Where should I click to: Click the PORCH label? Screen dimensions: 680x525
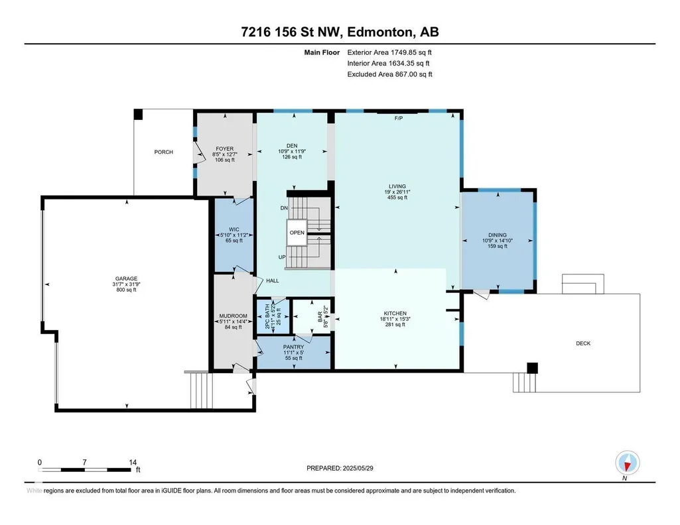coord(163,152)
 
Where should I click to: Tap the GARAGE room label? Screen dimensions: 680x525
coord(126,278)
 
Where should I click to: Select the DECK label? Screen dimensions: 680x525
coord(583,343)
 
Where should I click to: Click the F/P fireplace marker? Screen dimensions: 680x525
coord(399,118)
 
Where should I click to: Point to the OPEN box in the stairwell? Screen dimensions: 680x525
coord(297,233)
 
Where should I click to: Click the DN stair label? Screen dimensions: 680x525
coord(284,208)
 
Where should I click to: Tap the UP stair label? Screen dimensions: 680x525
coord(282,257)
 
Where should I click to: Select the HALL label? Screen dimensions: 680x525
coord(273,280)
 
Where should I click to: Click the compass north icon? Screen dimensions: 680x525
coord(627,463)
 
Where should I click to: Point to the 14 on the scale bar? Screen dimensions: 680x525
coord(133,462)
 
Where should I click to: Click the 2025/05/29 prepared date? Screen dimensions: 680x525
coord(358,468)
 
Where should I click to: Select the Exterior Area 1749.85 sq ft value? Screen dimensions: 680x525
coord(389,52)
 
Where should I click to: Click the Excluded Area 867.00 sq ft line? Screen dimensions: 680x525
coord(390,74)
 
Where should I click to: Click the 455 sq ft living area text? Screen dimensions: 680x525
coord(397,198)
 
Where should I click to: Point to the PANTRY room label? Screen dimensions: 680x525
coord(294,347)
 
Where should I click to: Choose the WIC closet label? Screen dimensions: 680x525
coord(234,229)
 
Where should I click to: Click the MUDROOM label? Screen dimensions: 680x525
coord(234,316)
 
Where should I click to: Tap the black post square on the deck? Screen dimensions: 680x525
coord(532,368)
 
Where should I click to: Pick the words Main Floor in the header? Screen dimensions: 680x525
coord(322,52)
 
